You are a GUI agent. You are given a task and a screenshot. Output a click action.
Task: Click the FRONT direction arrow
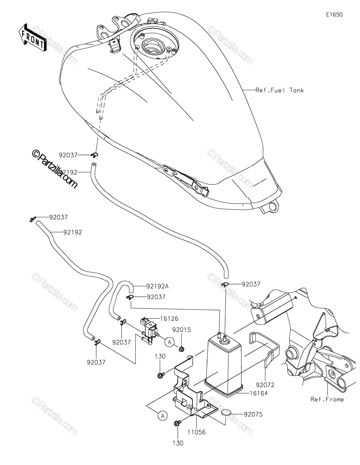pos(33,38)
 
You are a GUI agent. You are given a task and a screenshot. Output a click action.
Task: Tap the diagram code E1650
pos(334,15)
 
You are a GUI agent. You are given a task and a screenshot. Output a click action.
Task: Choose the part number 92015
pos(181,331)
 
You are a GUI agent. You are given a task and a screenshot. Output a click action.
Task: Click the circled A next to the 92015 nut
pos(169,342)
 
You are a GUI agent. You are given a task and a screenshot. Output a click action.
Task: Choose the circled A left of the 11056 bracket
pos(163,416)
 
